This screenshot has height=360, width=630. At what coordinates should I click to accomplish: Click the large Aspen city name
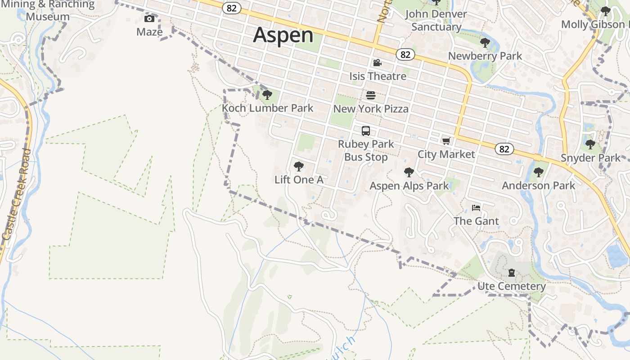point(283,35)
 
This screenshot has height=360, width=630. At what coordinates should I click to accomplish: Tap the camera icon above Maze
point(149,18)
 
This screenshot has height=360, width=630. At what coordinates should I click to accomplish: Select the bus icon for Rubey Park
point(366,131)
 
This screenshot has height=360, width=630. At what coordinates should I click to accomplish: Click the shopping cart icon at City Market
point(446,141)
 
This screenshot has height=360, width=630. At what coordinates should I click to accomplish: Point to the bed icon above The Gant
point(476,208)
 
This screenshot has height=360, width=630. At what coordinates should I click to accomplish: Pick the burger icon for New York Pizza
point(371,95)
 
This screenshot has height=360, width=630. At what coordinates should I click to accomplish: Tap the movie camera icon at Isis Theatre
point(378,63)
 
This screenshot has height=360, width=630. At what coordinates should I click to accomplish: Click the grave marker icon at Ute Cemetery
point(512,273)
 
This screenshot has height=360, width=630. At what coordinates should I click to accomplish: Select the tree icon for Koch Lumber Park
point(267,95)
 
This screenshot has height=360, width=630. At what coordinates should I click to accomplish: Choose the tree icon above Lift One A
point(299,166)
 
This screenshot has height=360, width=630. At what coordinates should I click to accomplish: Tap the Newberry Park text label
point(485,56)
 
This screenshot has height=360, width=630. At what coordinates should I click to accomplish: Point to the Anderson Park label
point(539,185)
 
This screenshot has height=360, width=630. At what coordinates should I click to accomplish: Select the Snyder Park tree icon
point(590,145)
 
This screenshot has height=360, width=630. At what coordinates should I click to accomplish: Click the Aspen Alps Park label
point(409,186)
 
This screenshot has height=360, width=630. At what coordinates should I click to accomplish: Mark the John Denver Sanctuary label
point(436,20)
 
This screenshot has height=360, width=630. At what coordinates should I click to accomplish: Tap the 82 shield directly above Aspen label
point(232,8)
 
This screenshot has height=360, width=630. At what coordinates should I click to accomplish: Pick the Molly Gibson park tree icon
point(606,11)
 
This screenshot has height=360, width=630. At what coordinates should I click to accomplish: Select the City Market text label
point(446,154)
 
